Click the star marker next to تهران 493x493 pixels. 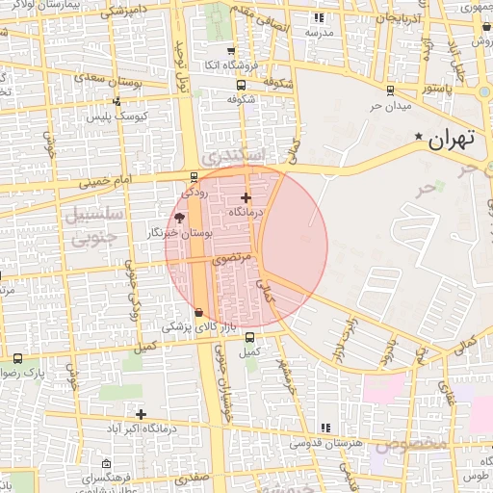[418, 138]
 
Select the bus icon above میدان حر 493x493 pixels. [389, 91]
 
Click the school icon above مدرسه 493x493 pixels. [320, 19]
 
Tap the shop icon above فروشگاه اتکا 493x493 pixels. [230, 52]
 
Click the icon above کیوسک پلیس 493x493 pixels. [117, 101]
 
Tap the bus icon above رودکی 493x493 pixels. [195, 177]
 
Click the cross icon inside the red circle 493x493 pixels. [246, 197]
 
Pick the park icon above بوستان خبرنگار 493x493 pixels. [180, 219]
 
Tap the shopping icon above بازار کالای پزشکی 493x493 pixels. [198, 312]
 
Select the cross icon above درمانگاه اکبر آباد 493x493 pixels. [141, 413]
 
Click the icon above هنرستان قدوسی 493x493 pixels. [324, 427]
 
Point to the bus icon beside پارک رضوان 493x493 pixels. [17, 358]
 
